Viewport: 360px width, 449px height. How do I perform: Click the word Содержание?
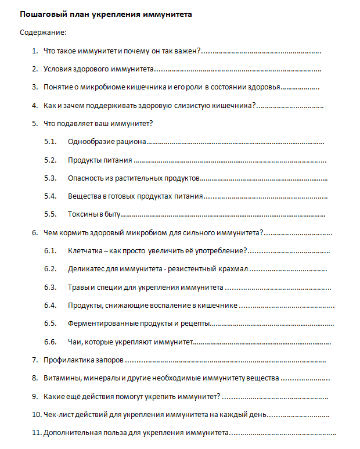[x=42, y=32]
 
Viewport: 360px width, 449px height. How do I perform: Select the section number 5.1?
[x=50, y=141]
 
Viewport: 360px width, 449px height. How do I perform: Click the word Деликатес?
[x=86, y=269]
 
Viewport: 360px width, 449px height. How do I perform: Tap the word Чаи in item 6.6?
[x=74, y=342]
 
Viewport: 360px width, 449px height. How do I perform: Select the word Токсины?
[x=83, y=214]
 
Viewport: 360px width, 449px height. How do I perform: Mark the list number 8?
[x=35, y=378]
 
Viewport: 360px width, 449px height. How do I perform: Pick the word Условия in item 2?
[x=59, y=69]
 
